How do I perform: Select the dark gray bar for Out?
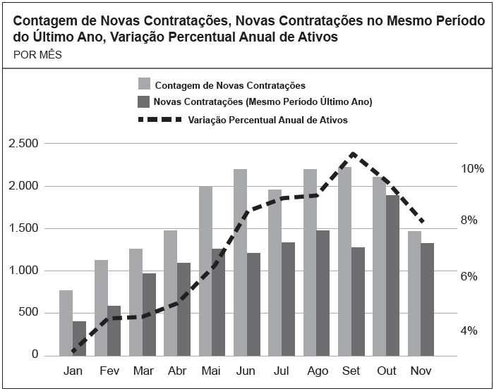pyautogui.click(x=393, y=275)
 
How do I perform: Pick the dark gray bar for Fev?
pyautogui.click(x=114, y=330)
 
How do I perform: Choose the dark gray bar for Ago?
pyautogui.click(x=323, y=292)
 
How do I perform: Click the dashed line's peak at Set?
pyautogui.click(x=353, y=154)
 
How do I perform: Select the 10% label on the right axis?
pyautogui.click(x=473, y=169)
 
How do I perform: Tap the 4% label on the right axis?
pyautogui.click(x=469, y=330)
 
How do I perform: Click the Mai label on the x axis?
pyautogui.click(x=211, y=371)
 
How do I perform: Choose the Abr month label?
pyautogui.click(x=176, y=371)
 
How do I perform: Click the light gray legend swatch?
pyautogui.click(x=145, y=85)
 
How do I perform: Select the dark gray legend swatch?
pyautogui.click(x=145, y=101)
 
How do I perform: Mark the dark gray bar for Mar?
pyautogui.click(x=149, y=314)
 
